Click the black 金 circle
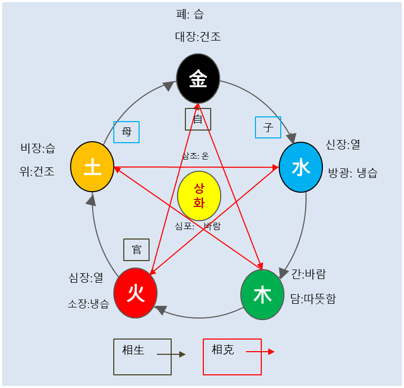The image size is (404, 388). tap(198, 79)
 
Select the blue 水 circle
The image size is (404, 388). tap(300, 167)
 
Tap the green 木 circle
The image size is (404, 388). tap(262, 295)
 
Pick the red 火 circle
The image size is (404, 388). tap(135, 293)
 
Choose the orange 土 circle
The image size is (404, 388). tap(92, 167)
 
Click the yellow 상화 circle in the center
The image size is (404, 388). tap(199, 196)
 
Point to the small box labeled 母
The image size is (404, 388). tap(126, 132)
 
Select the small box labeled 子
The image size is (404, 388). tap(268, 127)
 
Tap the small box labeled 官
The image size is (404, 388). tap(136, 250)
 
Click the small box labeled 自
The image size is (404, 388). tap(198, 119)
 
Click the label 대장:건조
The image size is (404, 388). tap(198, 37)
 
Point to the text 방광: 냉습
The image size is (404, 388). tap(352, 173)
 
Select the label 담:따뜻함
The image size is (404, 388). tap(313, 299)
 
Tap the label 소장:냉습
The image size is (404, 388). tap(88, 304)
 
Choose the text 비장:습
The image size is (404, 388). tap(37, 148)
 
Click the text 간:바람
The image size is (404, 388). tap(309, 274)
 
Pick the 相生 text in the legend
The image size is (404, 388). tap(133, 350)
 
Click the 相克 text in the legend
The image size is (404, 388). tap(222, 350)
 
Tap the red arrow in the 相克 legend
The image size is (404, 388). tap(260, 352)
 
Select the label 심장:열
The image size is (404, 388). tap(86, 277)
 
